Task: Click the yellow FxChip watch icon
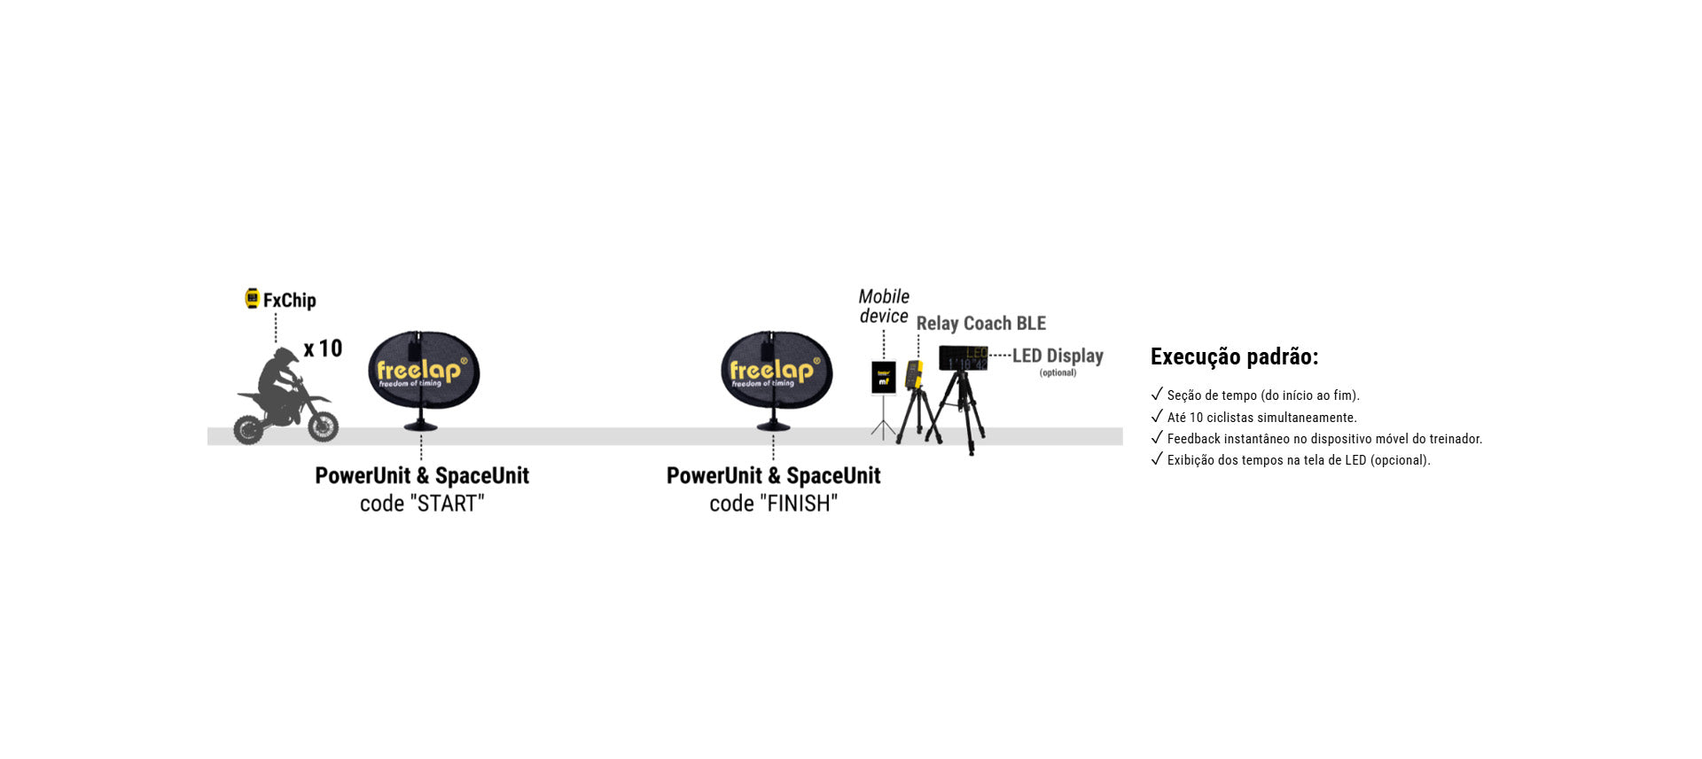click(253, 299)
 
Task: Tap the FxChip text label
click(290, 301)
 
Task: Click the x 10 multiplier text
click(323, 348)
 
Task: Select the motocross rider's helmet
click(285, 358)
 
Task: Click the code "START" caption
click(422, 504)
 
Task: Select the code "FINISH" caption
click(774, 504)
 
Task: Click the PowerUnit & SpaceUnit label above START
click(422, 476)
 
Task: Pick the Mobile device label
click(884, 306)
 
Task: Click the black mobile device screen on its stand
click(884, 377)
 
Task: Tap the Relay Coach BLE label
click(981, 324)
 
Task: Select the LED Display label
click(1058, 356)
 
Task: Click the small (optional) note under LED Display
click(1058, 372)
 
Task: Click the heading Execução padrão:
click(1234, 356)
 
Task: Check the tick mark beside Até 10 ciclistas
click(1157, 416)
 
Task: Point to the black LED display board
click(964, 357)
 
